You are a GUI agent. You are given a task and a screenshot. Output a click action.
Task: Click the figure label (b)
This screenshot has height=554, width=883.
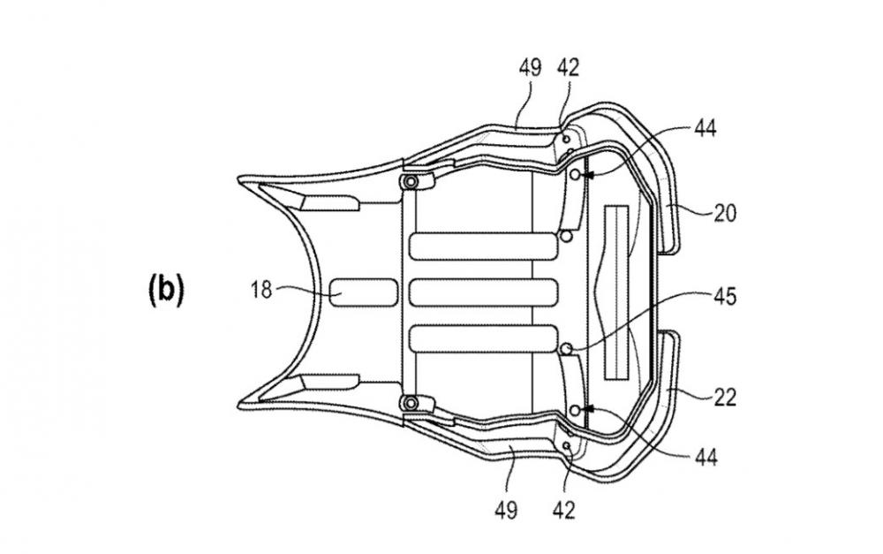point(166,292)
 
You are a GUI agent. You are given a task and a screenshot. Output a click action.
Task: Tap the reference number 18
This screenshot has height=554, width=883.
point(261,290)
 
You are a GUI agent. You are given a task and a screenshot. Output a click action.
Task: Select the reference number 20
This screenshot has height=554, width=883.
point(725,214)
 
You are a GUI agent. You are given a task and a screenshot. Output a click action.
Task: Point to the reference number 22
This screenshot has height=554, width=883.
point(725,398)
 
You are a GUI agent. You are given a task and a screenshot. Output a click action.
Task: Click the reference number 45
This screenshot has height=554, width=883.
point(725,297)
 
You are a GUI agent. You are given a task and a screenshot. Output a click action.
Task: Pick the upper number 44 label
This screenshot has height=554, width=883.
point(706,129)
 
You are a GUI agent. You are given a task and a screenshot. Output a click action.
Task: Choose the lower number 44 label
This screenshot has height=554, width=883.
point(706,457)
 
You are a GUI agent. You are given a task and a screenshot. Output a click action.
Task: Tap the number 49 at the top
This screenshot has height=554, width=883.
point(530,67)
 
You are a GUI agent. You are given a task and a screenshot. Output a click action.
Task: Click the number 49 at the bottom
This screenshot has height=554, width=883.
point(506,511)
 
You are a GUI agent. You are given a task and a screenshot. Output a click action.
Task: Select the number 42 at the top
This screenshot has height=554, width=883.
point(567,67)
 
